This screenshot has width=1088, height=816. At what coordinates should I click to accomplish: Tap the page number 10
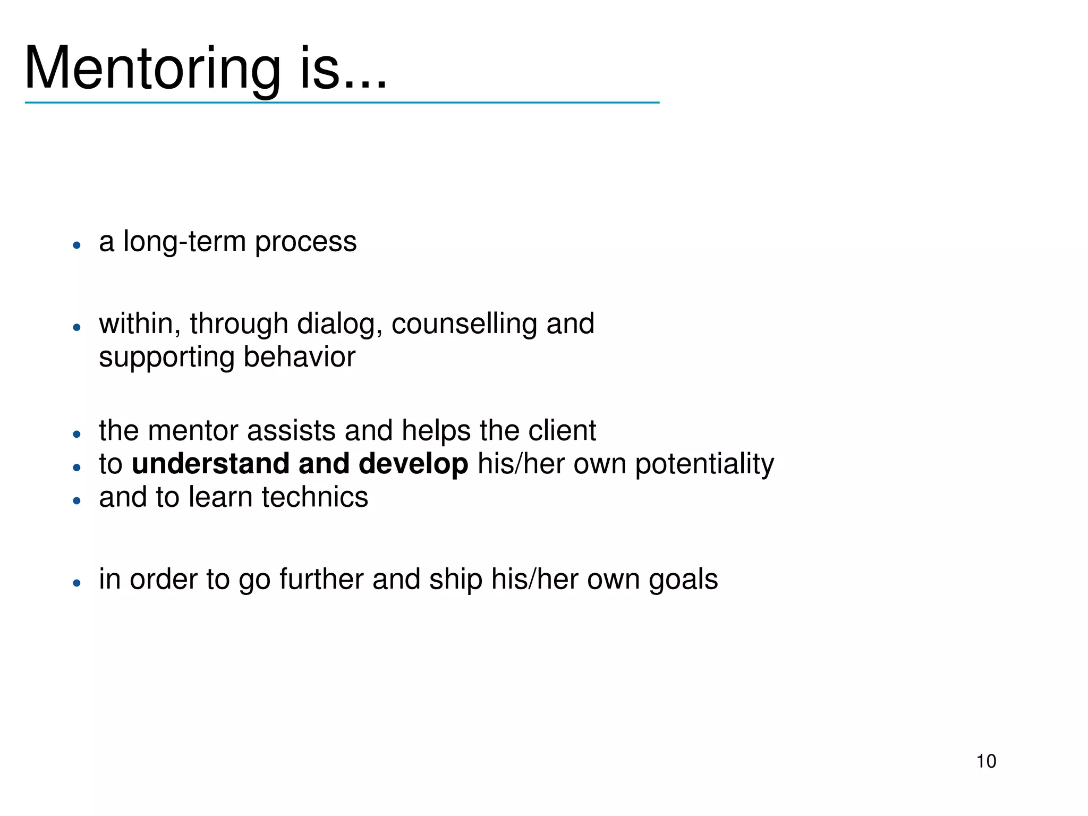click(x=986, y=761)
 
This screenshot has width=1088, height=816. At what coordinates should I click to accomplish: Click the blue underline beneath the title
click(x=342, y=103)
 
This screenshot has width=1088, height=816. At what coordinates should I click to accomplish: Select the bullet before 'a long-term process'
click(x=77, y=245)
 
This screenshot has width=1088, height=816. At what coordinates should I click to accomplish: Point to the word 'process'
click(x=305, y=243)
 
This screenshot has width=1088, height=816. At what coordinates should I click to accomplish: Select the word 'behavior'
click(x=299, y=357)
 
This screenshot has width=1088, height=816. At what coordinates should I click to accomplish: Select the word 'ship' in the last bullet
click(x=456, y=580)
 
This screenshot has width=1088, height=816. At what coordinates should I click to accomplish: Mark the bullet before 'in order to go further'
click(x=77, y=583)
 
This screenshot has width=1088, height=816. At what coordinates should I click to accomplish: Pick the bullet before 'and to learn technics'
click(x=77, y=500)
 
